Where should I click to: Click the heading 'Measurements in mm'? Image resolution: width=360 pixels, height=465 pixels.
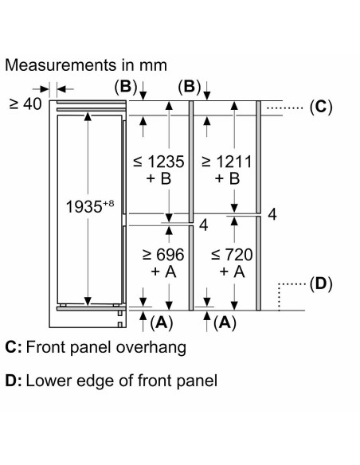click(86, 65)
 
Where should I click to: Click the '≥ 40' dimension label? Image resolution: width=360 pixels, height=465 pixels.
click(25, 104)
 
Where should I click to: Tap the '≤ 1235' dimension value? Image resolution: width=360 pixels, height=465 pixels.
click(158, 162)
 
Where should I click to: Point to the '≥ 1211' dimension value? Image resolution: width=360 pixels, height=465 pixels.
click(226, 162)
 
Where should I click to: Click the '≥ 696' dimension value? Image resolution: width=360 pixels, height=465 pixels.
click(163, 255)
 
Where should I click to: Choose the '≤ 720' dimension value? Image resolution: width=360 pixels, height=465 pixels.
click(232, 255)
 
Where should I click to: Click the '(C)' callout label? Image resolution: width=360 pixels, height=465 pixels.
click(321, 107)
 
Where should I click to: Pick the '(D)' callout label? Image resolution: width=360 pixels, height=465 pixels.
click(321, 283)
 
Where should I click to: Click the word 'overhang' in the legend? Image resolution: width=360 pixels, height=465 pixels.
click(151, 348)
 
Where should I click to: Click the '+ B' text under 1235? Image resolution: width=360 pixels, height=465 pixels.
click(158, 178)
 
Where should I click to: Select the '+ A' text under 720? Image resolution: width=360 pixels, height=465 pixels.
click(233, 272)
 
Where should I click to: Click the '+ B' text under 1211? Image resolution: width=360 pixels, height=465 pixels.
click(227, 178)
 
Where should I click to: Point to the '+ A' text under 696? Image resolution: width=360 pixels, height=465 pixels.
click(163, 272)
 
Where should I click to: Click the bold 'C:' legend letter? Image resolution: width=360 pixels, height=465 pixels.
click(14, 347)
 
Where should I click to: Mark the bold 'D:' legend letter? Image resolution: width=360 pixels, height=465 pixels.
click(14, 381)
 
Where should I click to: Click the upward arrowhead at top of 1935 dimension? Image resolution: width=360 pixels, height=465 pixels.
click(88, 116)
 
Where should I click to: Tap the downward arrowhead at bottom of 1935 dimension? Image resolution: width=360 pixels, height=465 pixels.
click(88, 301)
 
